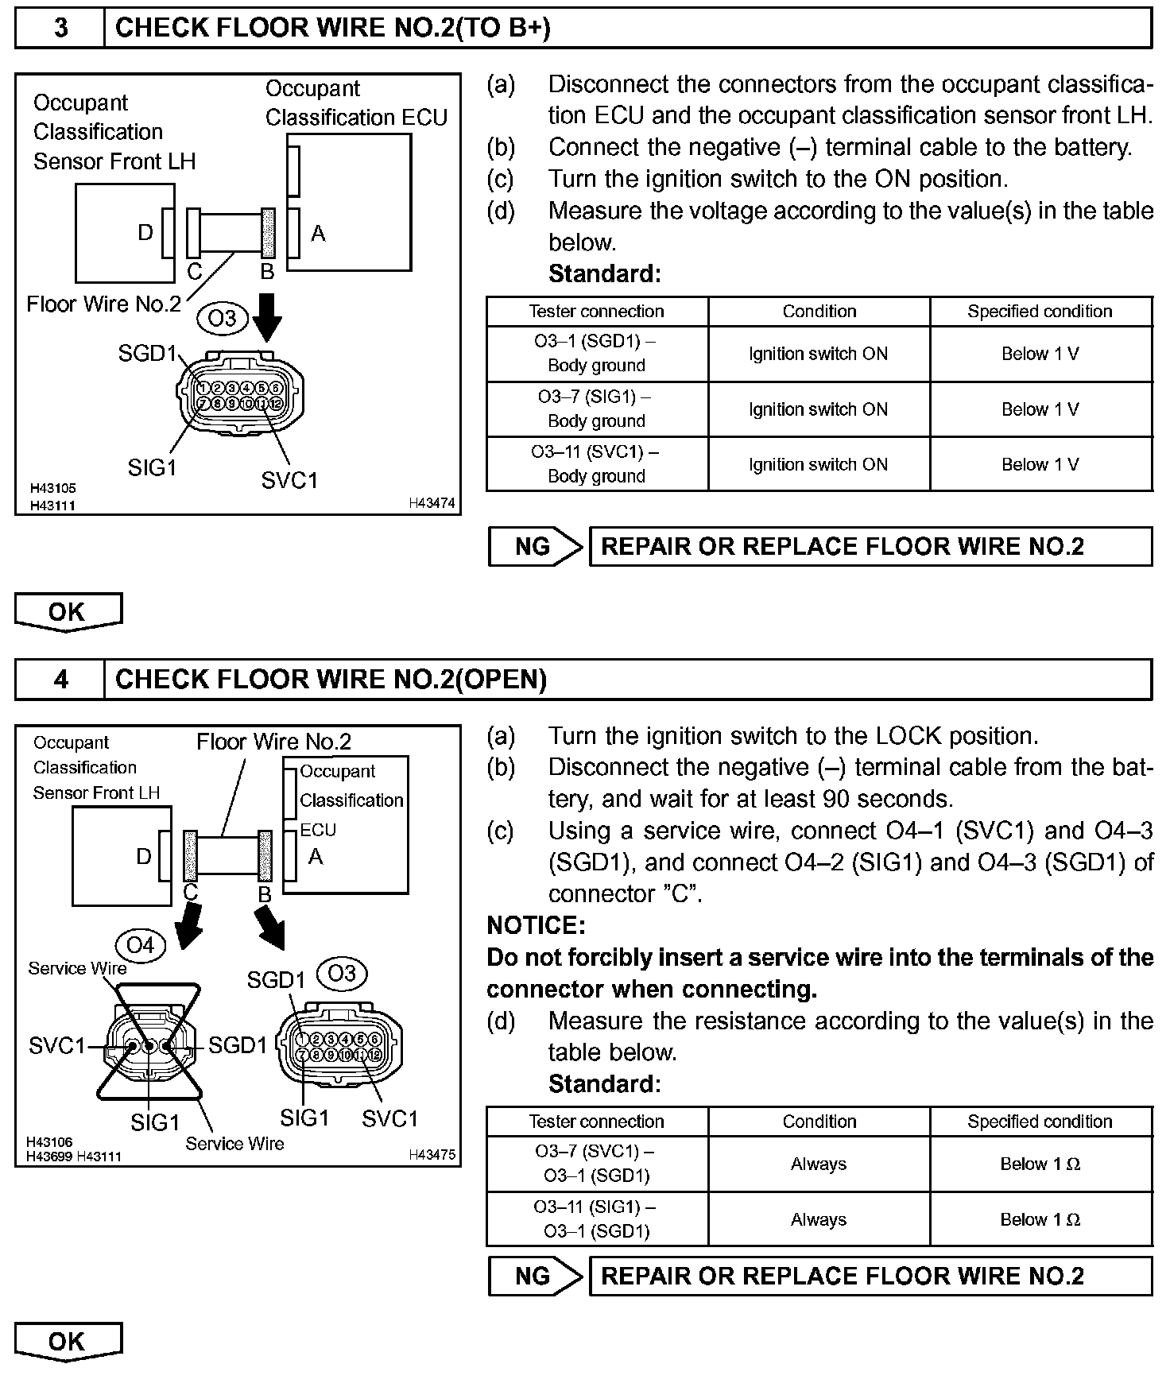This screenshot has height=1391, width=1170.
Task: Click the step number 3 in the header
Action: point(60,29)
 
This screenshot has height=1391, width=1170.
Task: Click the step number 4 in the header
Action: point(60,680)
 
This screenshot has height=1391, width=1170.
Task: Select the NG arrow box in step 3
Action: point(535,547)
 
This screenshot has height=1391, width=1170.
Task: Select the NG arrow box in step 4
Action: point(535,1277)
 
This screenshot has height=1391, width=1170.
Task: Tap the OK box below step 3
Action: point(68,612)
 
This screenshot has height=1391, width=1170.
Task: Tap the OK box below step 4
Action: point(68,1342)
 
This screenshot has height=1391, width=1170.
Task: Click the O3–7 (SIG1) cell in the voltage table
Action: point(596,409)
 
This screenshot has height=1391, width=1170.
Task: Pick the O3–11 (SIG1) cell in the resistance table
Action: point(596,1219)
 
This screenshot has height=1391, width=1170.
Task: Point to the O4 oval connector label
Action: point(140,945)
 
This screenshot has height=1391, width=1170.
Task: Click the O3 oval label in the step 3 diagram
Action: point(222,319)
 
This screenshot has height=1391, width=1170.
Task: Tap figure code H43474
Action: point(432,503)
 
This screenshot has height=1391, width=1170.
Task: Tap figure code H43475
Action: point(432,1155)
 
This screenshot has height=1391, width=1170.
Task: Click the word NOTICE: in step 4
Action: point(536,925)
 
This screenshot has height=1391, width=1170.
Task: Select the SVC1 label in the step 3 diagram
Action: point(289,480)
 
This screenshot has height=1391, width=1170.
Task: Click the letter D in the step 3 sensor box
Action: point(145,233)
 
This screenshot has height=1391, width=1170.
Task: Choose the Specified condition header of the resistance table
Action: point(1040,1122)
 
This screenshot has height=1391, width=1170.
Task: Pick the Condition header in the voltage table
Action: point(819,312)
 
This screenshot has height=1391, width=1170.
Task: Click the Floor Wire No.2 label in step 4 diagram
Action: point(273,742)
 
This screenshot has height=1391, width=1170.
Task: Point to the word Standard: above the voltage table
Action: point(604,274)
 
